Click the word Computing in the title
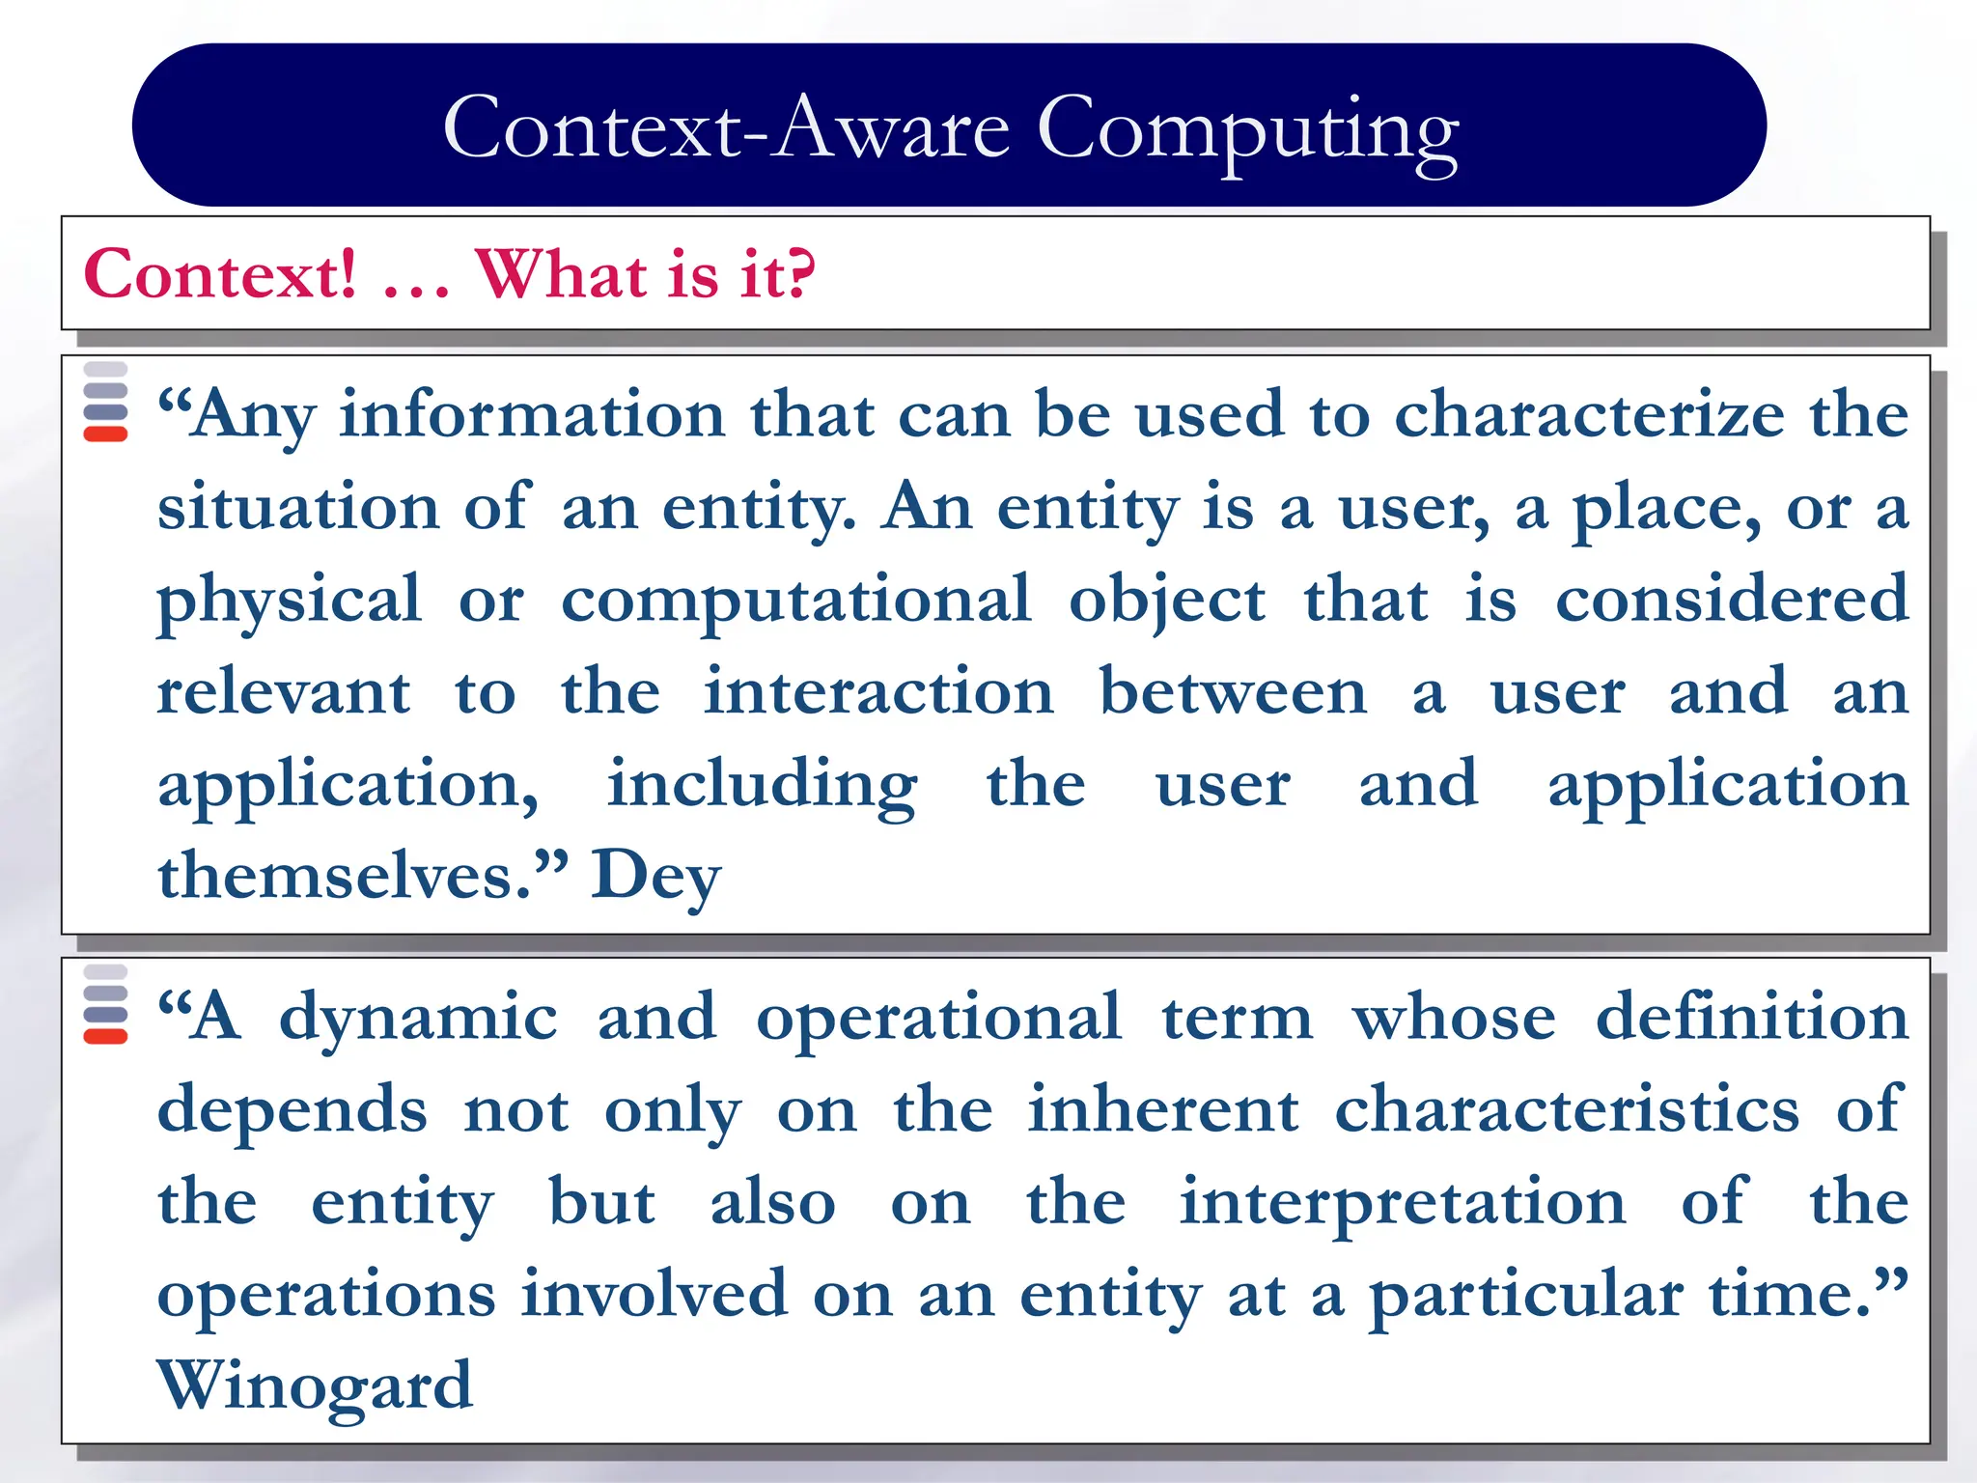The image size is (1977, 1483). coord(1247,130)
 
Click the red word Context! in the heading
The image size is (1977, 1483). coord(220,274)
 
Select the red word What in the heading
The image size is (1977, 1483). coord(560,274)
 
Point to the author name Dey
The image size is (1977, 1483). coord(655,877)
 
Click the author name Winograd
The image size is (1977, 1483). coord(315,1386)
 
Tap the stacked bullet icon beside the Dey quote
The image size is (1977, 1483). coord(106,402)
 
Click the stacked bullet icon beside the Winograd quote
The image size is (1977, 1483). coord(106,1005)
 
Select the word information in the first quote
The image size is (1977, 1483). coord(532,415)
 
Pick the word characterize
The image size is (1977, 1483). coord(1589,415)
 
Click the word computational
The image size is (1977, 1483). coord(796,600)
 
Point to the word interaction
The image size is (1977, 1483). coord(878,692)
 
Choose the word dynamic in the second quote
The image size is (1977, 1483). coord(418,1019)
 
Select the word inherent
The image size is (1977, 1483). coord(1162,1110)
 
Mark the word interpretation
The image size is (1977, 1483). coord(1403,1204)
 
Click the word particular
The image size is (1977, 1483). coord(1526,1296)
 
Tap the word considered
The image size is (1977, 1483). coord(1732,600)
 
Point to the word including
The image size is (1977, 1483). coord(762,785)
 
